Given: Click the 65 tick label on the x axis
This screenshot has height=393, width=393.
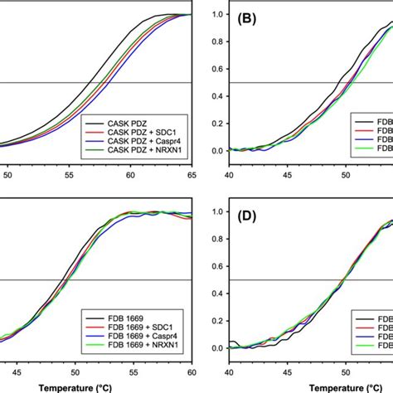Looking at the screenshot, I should point(191,176).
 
